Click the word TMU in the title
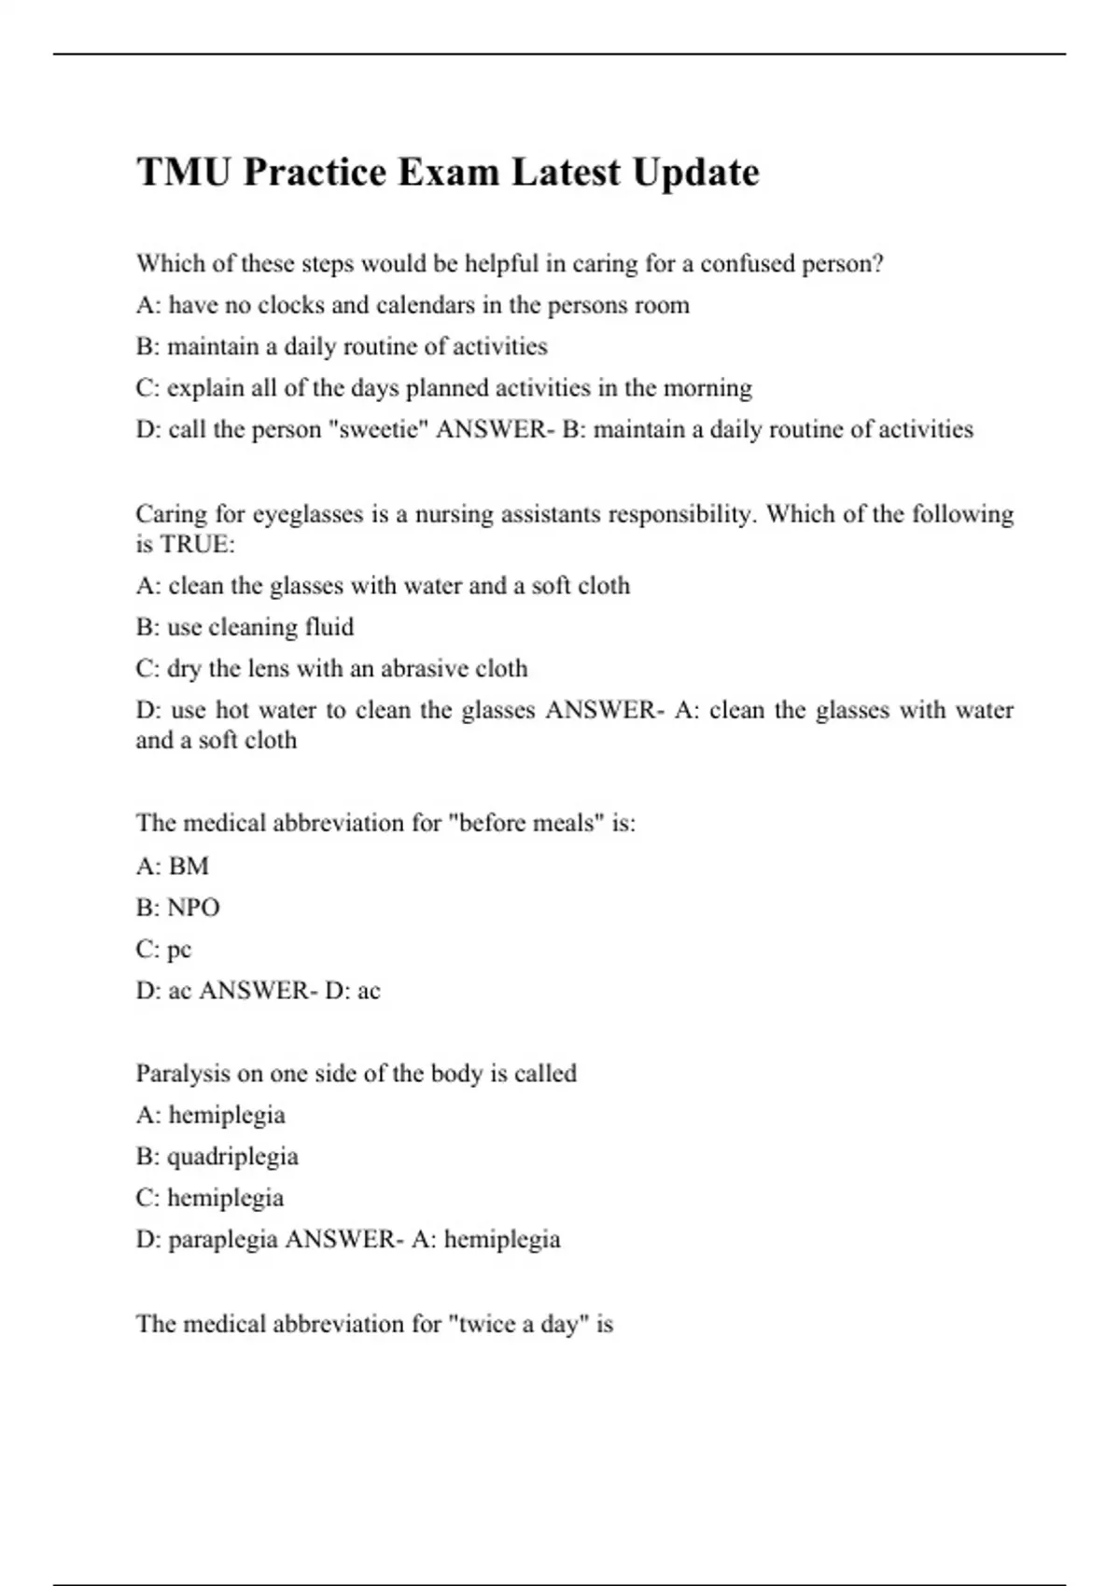tap(184, 173)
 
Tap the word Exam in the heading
tap(448, 173)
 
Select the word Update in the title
tap(695, 173)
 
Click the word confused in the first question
tap(744, 264)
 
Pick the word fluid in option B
tap(329, 627)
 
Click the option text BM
tap(189, 867)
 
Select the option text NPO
tap(193, 908)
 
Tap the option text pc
tap(179, 950)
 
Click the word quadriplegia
tap(232, 1157)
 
